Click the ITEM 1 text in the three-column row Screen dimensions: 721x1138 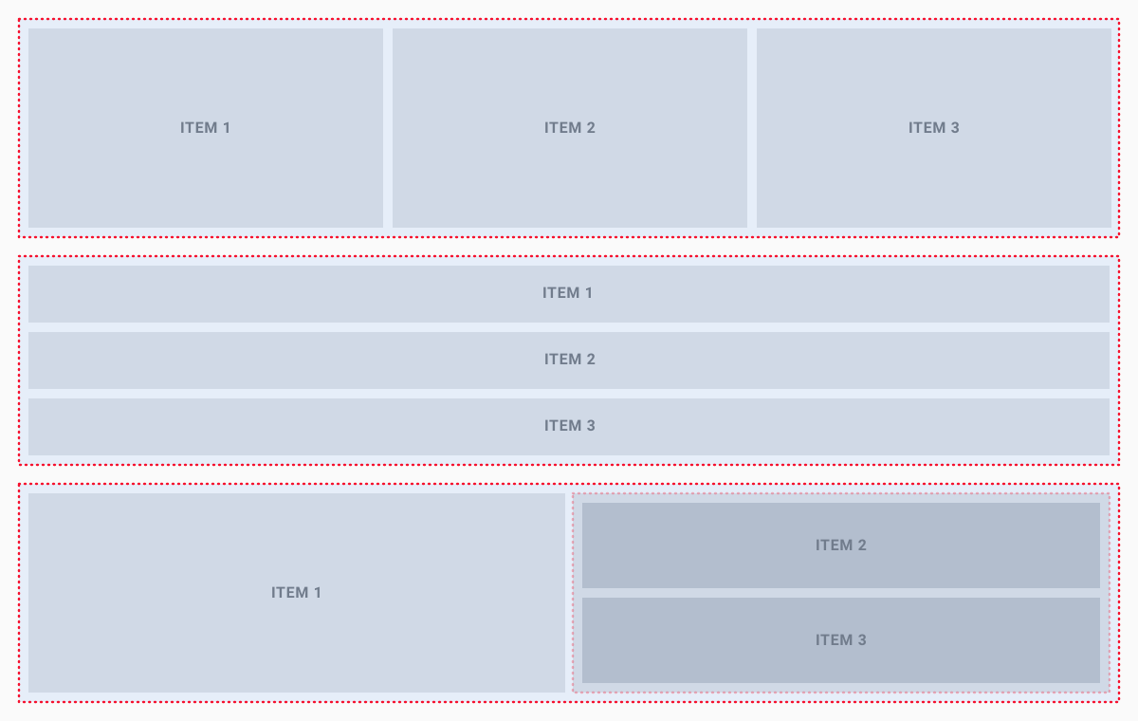point(205,128)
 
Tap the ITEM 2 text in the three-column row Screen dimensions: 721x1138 point(569,128)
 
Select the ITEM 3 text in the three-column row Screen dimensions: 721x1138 point(933,128)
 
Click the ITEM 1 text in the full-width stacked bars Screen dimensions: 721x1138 point(567,293)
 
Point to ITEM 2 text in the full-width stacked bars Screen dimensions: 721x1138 point(569,360)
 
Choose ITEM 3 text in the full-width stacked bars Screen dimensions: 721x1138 point(569,426)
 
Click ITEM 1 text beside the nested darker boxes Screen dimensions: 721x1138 point(296,593)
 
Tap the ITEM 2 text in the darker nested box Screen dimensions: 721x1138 point(840,545)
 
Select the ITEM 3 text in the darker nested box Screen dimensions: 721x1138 point(840,640)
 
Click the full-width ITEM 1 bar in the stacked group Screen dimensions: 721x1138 point(284,294)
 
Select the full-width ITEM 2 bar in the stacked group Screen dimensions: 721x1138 point(284,360)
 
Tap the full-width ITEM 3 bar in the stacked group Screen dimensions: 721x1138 point(284,427)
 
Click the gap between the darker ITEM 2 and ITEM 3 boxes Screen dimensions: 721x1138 point(840,593)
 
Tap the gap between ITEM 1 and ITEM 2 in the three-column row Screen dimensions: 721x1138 point(388,128)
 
